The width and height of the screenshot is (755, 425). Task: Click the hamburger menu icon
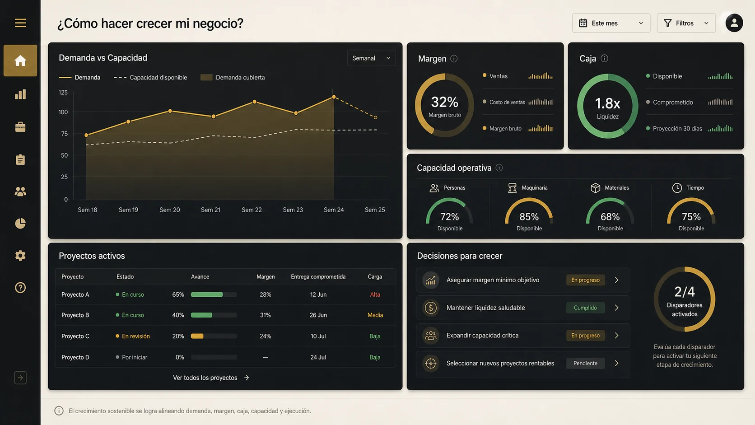coord(20,23)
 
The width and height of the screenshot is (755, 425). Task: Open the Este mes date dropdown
coord(611,23)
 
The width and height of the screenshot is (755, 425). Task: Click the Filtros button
coord(686,23)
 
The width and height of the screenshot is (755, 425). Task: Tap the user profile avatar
coord(734,23)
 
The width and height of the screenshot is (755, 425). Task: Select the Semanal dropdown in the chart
coord(371,58)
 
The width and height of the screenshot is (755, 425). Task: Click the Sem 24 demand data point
coord(334,97)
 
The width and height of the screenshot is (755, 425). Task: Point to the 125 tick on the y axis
coord(63,92)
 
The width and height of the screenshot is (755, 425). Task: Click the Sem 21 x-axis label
coord(211,210)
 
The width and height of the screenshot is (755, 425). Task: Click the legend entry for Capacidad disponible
coord(150,78)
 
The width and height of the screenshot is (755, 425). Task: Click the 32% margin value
coord(445,102)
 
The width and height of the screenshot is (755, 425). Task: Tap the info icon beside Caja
coord(604,58)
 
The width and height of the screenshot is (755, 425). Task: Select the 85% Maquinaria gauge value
coord(529,217)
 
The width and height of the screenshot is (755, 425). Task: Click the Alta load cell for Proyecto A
coord(375,294)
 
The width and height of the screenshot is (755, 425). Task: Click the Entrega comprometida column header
coord(318,277)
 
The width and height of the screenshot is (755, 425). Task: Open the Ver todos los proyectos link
coord(211,378)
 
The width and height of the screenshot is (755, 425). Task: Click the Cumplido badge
coord(585,308)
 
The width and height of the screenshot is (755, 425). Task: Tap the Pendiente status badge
coord(585,363)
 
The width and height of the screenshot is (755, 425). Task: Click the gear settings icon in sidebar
coord(20,256)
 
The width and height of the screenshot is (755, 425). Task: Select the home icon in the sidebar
coord(20,61)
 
